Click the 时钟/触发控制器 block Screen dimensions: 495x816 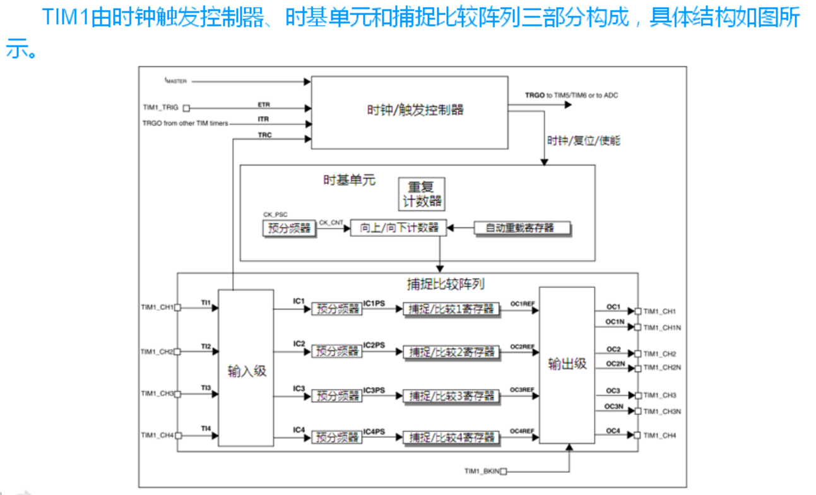pyautogui.click(x=410, y=112)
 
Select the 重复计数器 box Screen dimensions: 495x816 pyautogui.click(x=421, y=194)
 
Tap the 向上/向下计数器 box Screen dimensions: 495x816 pyautogui.click(x=399, y=228)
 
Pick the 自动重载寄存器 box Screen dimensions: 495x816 pyautogui.click(x=522, y=228)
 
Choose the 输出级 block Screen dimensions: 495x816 pyautogui.click(x=567, y=364)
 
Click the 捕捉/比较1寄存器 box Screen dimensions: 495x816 pyautogui.click(x=451, y=309)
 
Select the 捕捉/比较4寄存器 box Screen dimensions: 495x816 pyautogui.click(x=451, y=437)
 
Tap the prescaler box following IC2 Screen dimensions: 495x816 pyautogui.click(x=337, y=351)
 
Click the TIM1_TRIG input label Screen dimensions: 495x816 pyautogui.click(x=161, y=108)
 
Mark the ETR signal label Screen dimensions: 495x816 pyautogui.click(x=264, y=104)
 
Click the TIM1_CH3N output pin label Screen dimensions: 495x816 pyautogui.click(x=662, y=411)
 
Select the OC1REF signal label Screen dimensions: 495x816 pyautogui.click(x=523, y=304)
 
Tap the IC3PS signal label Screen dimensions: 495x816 pyautogui.click(x=374, y=390)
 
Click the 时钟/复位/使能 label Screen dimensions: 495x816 pyautogui.click(x=585, y=140)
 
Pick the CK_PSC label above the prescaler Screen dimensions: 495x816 pyautogui.click(x=275, y=215)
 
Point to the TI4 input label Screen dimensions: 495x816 pyautogui.click(x=206, y=429)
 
